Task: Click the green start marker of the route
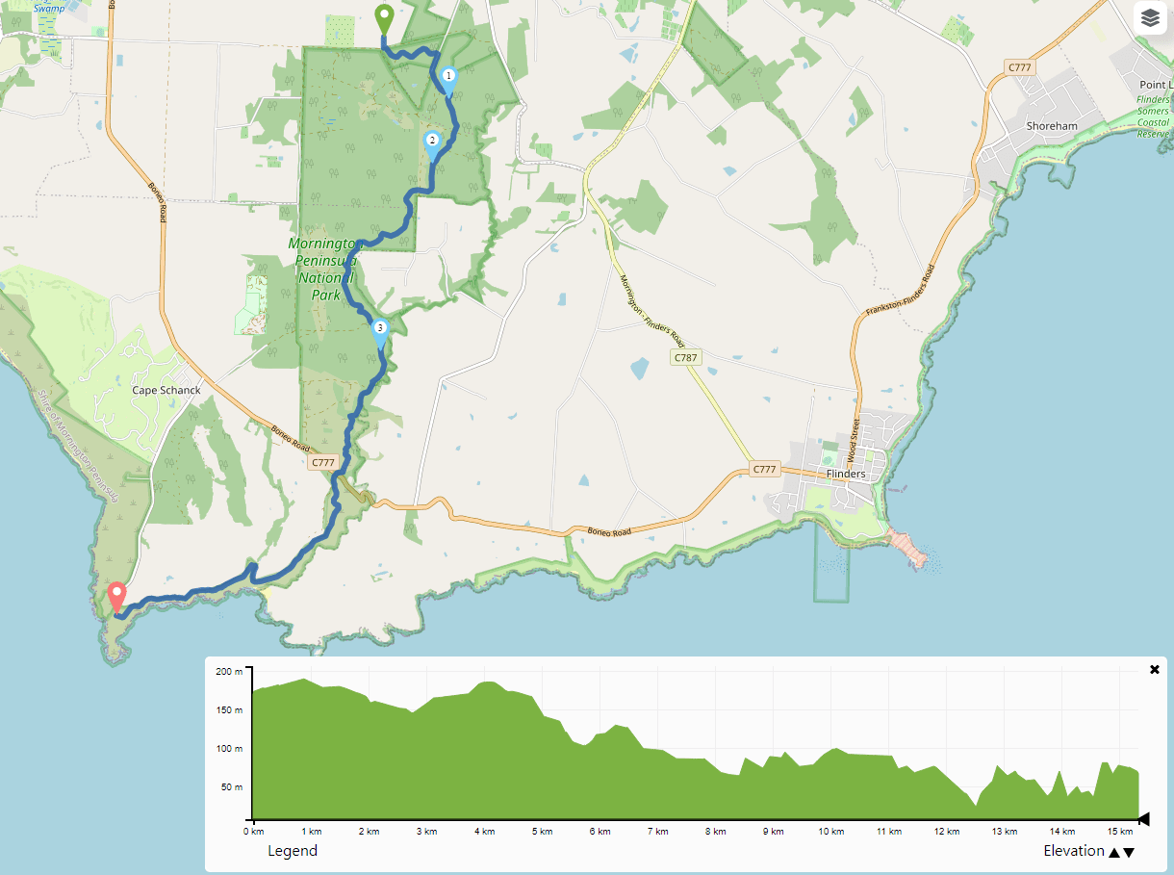pyautogui.click(x=383, y=17)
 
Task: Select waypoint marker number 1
pyautogui.click(x=447, y=78)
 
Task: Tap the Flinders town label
pyautogui.click(x=846, y=474)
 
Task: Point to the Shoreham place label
pyautogui.click(x=1052, y=126)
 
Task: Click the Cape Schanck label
pyautogui.click(x=166, y=390)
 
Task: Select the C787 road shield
pyautogui.click(x=685, y=357)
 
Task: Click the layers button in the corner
pyautogui.click(x=1150, y=17)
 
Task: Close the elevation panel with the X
pyautogui.click(x=1155, y=669)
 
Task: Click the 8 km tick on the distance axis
pyautogui.click(x=714, y=831)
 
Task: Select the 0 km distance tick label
pyautogui.click(x=253, y=831)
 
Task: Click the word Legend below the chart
pyautogui.click(x=292, y=851)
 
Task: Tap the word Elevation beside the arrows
pyautogui.click(x=1074, y=851)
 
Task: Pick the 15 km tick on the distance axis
pyautogui.click(x=1119, y=831)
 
